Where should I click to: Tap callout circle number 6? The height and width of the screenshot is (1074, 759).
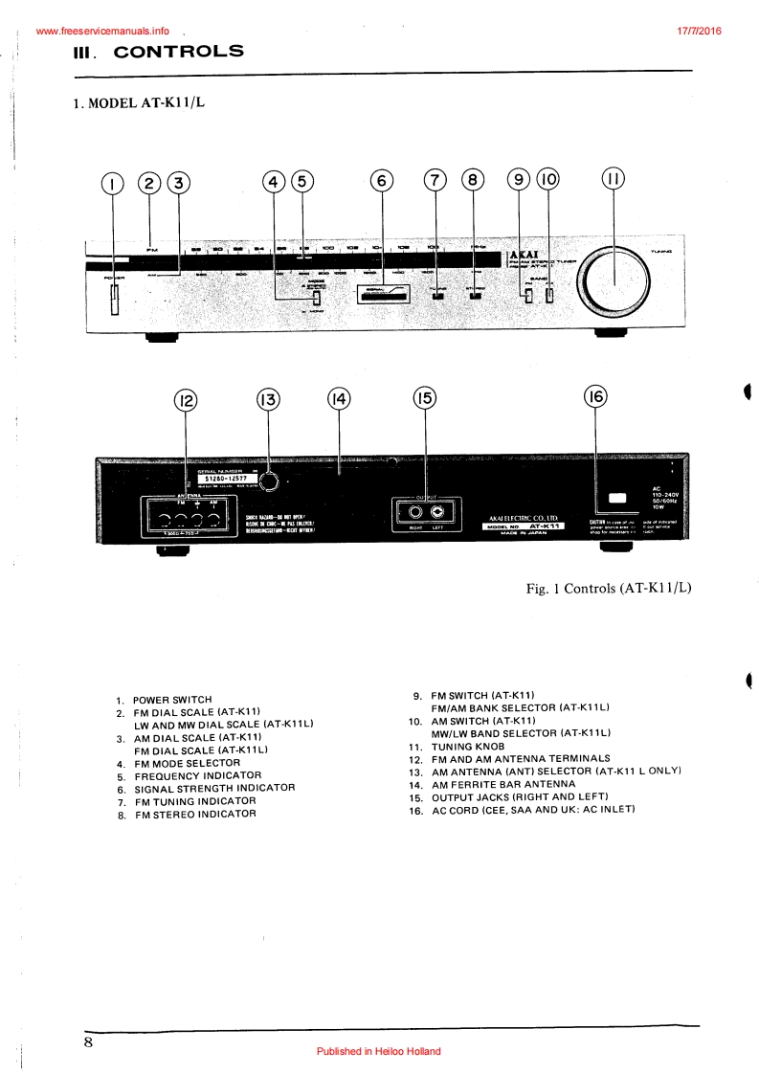click(381, 182)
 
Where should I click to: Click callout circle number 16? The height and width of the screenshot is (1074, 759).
click(595, 398)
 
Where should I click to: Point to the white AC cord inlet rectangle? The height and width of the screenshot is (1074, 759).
click(615, 499)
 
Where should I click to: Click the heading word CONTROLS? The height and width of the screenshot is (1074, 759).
click(178, 52)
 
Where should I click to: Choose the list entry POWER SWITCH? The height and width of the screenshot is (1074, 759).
click(172, 700)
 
